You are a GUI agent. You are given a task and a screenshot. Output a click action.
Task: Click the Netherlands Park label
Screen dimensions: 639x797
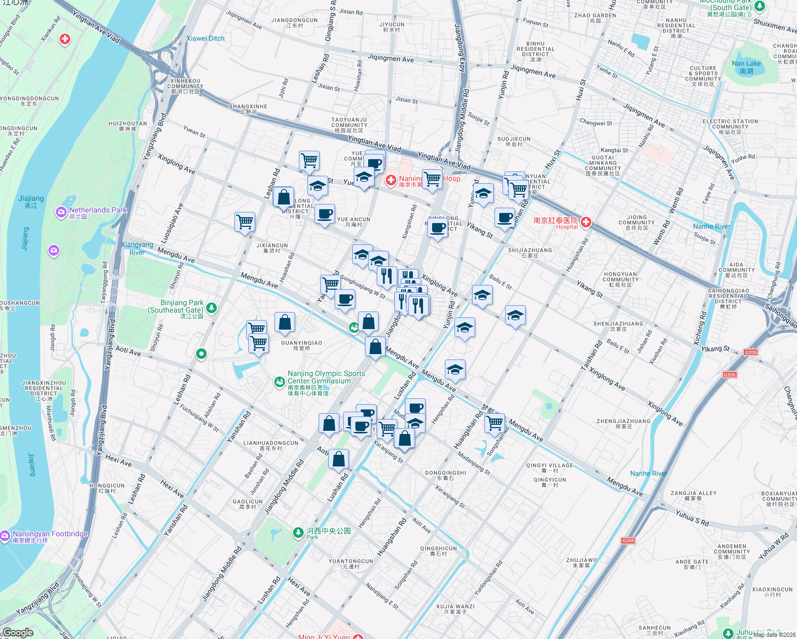(x=97, y=210)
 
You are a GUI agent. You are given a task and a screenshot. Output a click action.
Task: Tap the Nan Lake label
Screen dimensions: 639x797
(x=746, y=67)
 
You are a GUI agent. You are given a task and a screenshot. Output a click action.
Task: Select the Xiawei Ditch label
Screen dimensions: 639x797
(x=205, y=38)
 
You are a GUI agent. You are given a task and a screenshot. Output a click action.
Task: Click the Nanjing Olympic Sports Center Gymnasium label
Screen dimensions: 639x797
(x=326, y=377)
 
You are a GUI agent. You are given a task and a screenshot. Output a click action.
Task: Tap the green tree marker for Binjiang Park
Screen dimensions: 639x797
(x=212, y=307)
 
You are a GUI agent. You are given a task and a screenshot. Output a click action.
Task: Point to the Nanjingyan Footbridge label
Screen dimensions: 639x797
(x=50, y=534)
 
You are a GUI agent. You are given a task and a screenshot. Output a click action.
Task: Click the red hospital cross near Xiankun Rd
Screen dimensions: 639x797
(x=65, y=39)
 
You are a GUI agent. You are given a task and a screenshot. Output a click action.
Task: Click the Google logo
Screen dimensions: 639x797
(x=18, y=633)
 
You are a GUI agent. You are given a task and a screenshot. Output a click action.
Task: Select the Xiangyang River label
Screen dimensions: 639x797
(x=137, y=248)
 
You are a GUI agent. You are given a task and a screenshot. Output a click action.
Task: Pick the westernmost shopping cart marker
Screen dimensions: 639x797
(x=245, y=220)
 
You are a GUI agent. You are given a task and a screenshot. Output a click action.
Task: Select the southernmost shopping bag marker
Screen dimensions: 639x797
(x=339, y=458)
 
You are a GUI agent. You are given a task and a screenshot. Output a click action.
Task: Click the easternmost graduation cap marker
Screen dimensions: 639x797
(x=515, y=316)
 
